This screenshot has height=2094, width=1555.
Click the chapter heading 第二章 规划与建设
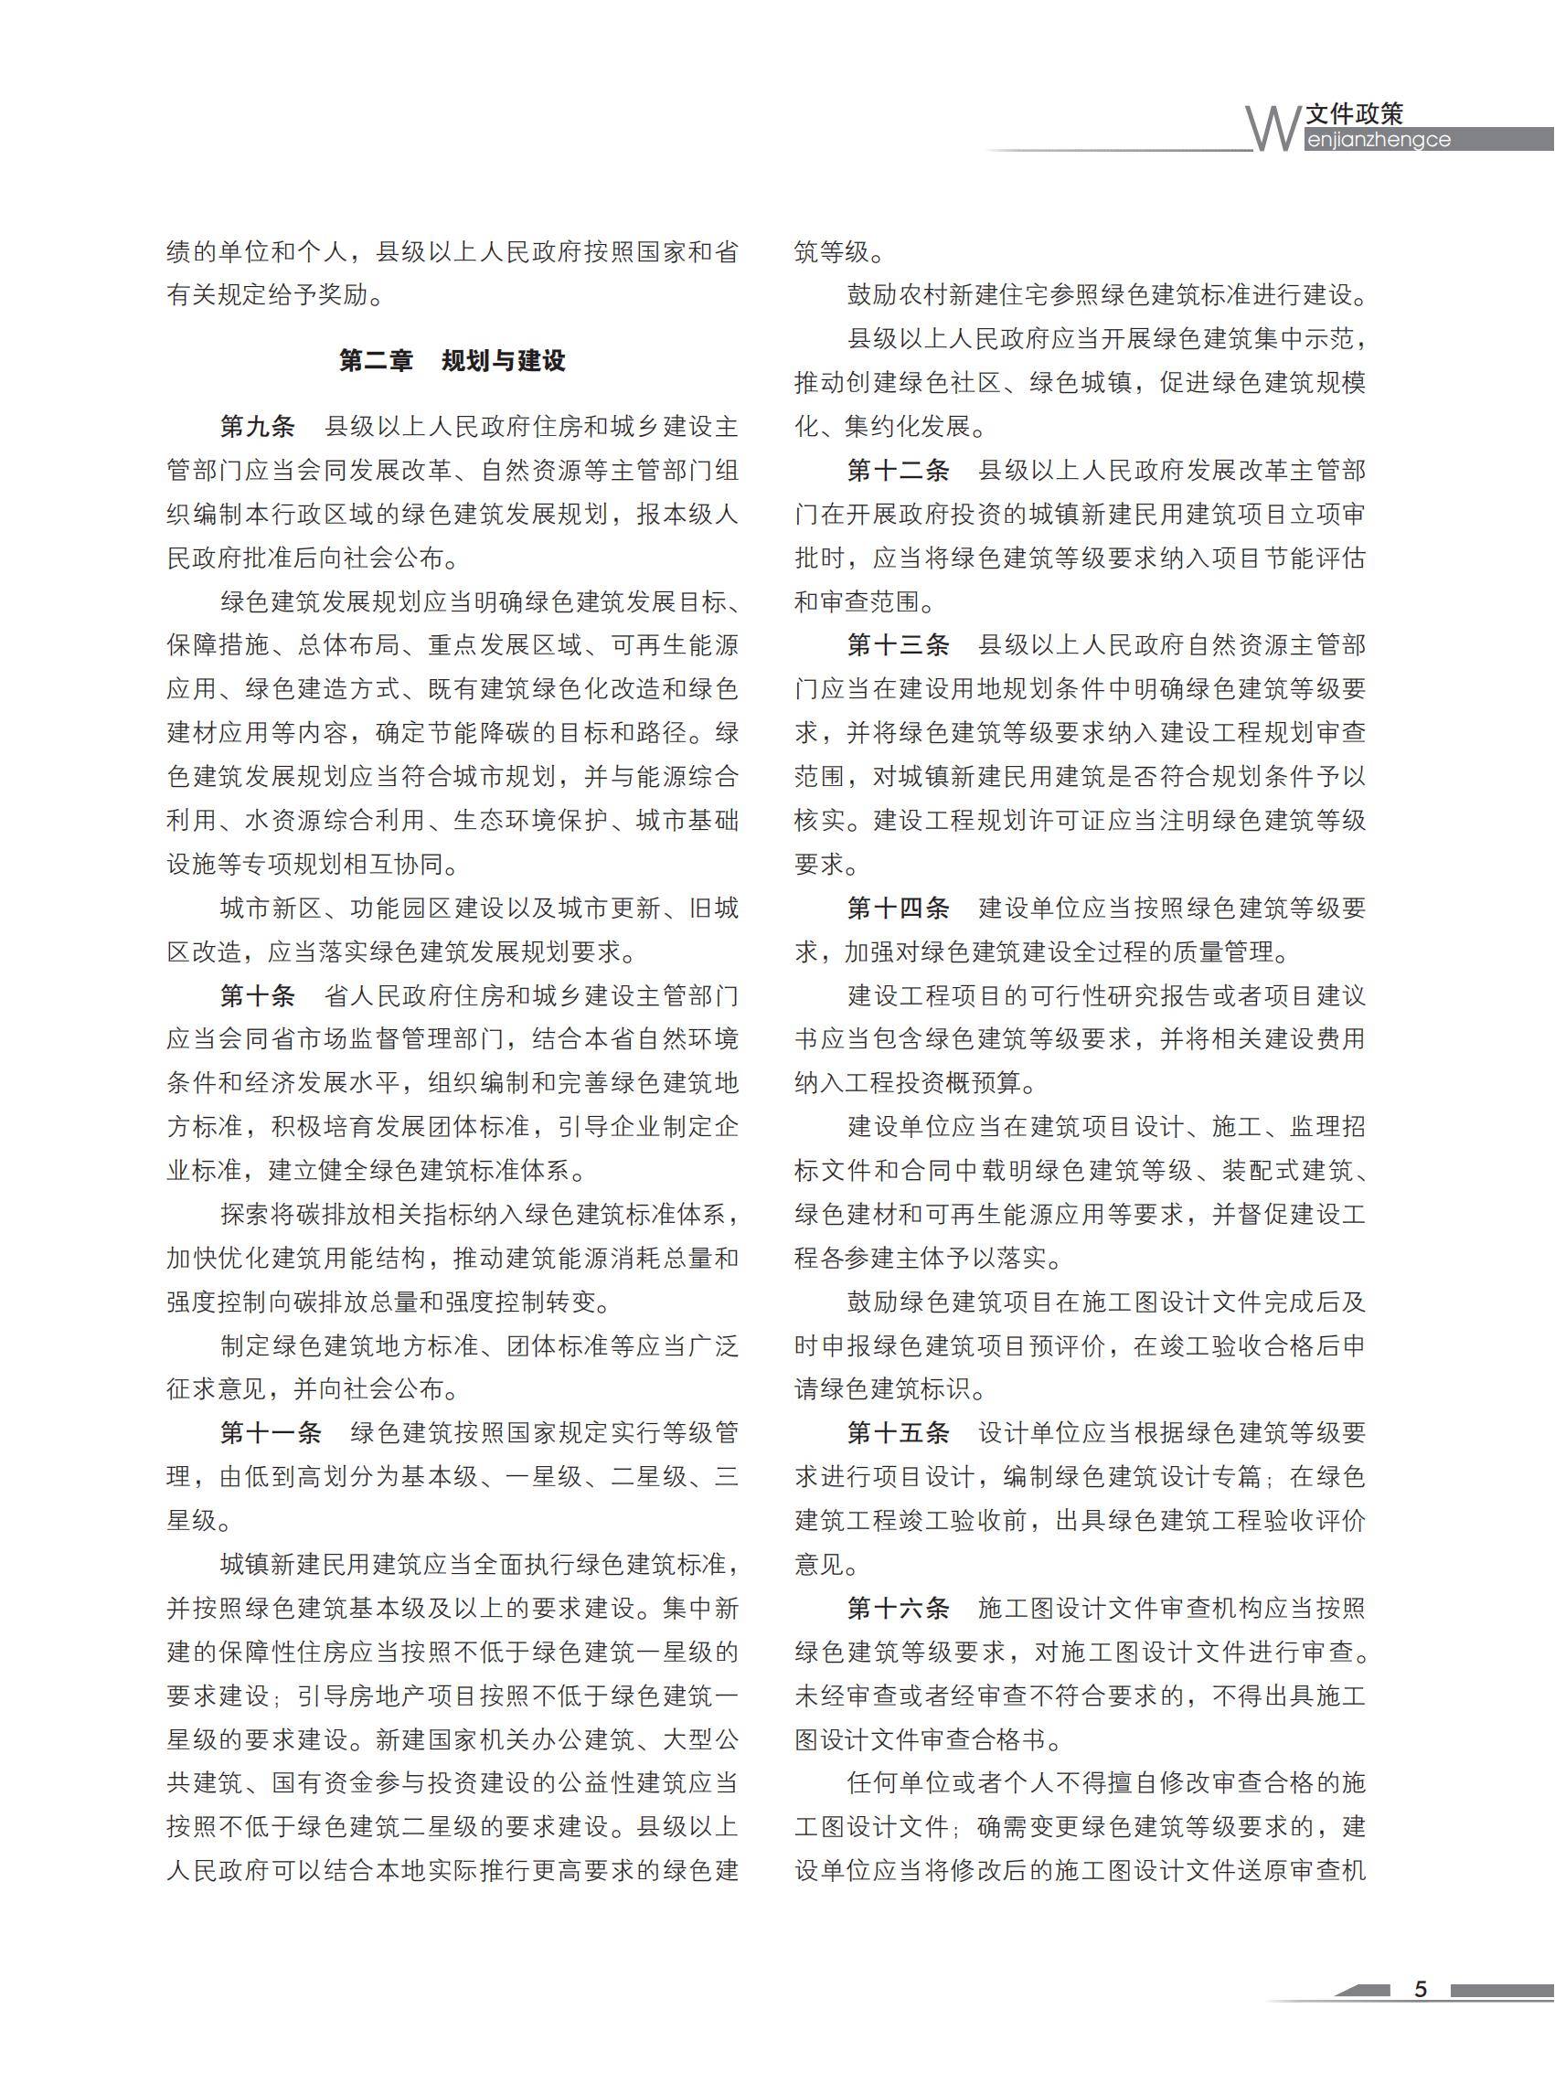click(452, 360)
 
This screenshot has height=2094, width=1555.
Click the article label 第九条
click(257, 426)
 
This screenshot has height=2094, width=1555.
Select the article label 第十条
click(257, 994)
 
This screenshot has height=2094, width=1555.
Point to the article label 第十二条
click(897, 470)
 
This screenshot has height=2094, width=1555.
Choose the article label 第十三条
click(897, 644)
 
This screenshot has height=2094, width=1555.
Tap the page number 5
click(1421, 1990)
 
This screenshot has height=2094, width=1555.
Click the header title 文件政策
click(1355, 114)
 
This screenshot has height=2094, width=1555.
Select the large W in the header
click(1272, 129)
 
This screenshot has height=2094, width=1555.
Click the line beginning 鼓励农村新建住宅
click(1106, 295)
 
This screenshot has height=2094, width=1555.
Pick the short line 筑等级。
click(838, 252)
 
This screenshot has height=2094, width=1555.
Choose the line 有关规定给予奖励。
click(275, 295)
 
